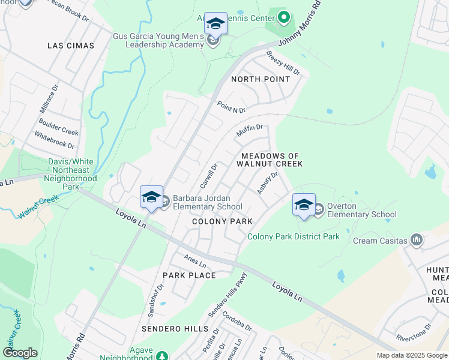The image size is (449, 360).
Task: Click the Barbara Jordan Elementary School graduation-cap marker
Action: [x=151, y=197]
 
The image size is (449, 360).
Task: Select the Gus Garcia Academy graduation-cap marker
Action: [x=215, y=23]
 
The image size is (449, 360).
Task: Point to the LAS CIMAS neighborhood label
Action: [x=71, y=46]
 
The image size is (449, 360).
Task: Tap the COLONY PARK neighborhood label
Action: [x=222, y=221]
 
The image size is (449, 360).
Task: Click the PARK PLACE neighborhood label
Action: [x=189, y=275]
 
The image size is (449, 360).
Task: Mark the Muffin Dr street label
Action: [x=250, y=130]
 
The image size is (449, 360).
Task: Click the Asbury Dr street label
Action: [x=267, y=183]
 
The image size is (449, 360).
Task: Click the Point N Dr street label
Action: [x=232, y=107]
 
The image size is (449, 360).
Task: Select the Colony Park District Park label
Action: [x=294, y=237]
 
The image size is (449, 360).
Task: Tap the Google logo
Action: [x=20, y=353]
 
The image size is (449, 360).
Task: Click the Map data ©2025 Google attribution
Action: [x=412, y=355]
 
